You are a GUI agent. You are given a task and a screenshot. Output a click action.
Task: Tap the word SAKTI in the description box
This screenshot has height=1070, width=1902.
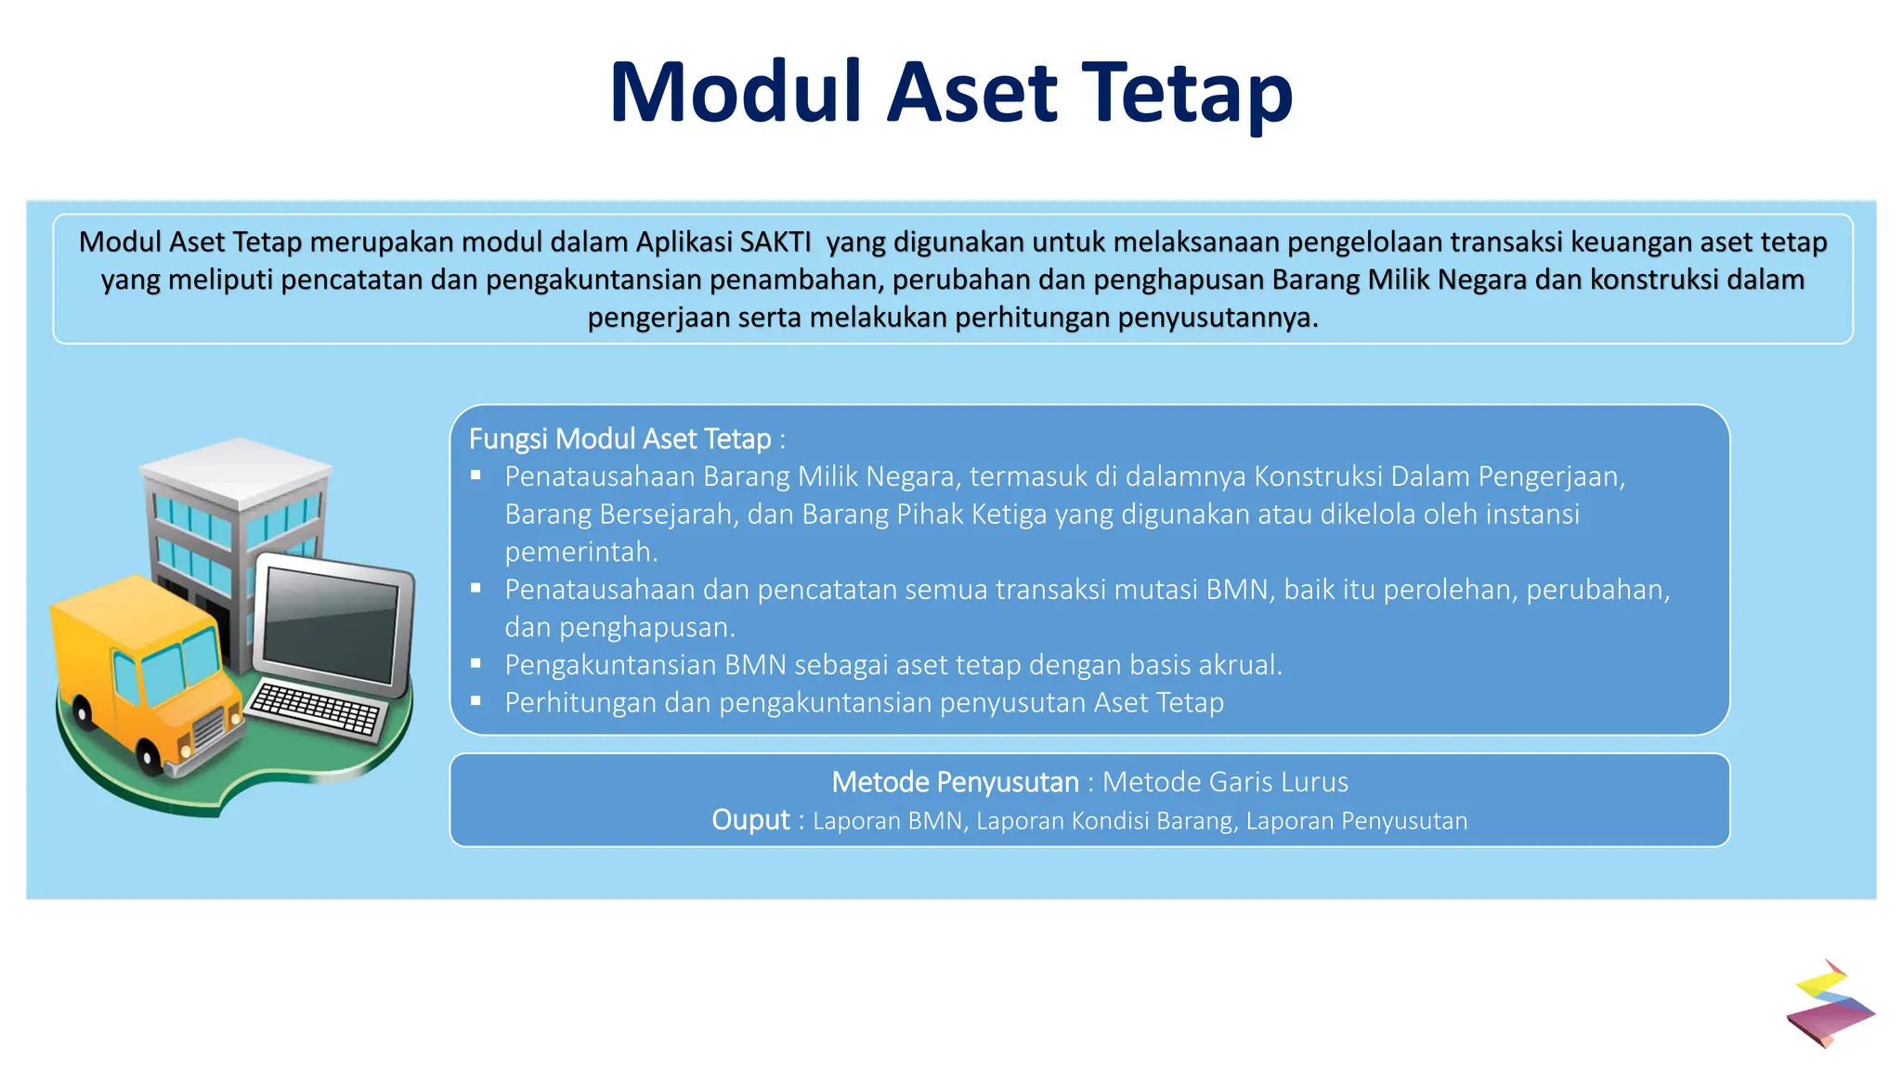(x=775, y=242)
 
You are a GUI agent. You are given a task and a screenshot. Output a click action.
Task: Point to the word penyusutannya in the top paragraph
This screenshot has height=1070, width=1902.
(x=1217, y=319)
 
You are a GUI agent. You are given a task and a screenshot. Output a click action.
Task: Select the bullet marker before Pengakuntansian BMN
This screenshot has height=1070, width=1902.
(x=476, y=663)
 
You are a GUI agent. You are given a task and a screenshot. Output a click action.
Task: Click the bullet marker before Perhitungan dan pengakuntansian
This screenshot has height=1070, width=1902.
(x=476, y=701)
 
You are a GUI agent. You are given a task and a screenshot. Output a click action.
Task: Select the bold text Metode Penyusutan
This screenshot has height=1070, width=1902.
(x=955, y=782)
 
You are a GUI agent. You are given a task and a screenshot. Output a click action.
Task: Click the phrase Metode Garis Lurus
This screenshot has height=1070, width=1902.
(x=1225, y=782)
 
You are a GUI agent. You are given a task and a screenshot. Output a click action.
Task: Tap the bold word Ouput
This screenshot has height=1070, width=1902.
(x=750, y=820)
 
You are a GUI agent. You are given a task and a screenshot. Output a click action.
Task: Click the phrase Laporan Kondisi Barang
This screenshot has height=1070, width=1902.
(x=1105, y=821)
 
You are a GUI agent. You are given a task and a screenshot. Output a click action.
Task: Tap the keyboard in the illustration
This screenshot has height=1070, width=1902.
(x=316, y=710)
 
